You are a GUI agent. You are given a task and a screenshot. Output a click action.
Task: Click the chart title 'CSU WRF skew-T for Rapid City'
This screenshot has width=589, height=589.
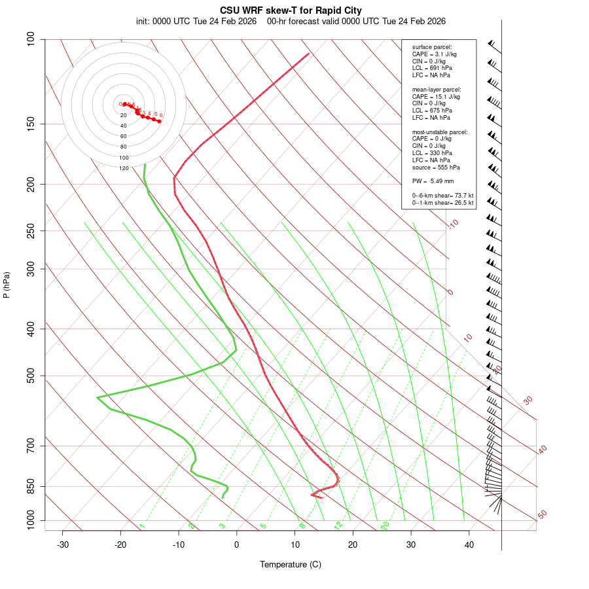[291, 10]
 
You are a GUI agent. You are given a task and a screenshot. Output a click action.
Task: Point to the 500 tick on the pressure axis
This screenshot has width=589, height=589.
[31, 376]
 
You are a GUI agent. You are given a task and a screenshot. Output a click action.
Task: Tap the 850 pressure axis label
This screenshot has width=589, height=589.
[31, 486]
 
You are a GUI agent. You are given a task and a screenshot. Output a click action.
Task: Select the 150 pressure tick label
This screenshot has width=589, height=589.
[31, 124]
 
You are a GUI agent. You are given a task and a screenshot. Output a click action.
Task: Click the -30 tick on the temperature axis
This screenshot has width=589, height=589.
[63, 544]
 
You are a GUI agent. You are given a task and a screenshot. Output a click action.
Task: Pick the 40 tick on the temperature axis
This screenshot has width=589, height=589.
[469, 544]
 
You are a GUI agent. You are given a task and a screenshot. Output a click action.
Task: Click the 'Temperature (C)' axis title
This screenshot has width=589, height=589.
[291, 564]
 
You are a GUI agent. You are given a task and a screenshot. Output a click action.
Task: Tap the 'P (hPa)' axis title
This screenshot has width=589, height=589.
[7, 285]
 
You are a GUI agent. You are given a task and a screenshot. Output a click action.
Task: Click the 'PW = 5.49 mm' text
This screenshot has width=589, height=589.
[433, 181]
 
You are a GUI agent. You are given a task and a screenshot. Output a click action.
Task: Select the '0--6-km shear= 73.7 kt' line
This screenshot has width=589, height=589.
[442, 195]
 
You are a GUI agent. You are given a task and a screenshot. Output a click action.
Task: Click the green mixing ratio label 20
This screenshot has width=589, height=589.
[385, 525]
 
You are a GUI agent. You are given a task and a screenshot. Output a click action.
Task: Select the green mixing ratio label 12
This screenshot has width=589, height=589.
[338, 525]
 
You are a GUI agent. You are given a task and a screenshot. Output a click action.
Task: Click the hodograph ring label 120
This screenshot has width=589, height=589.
[124, 168]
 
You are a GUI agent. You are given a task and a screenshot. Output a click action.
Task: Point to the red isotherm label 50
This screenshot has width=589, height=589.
[542, 514]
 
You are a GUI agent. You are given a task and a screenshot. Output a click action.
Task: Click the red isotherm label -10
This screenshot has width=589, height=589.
[453, 224]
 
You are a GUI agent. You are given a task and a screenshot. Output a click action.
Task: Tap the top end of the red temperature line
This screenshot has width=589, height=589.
[308, 54]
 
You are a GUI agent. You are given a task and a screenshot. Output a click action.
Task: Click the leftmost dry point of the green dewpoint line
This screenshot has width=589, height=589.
[97, 397]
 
